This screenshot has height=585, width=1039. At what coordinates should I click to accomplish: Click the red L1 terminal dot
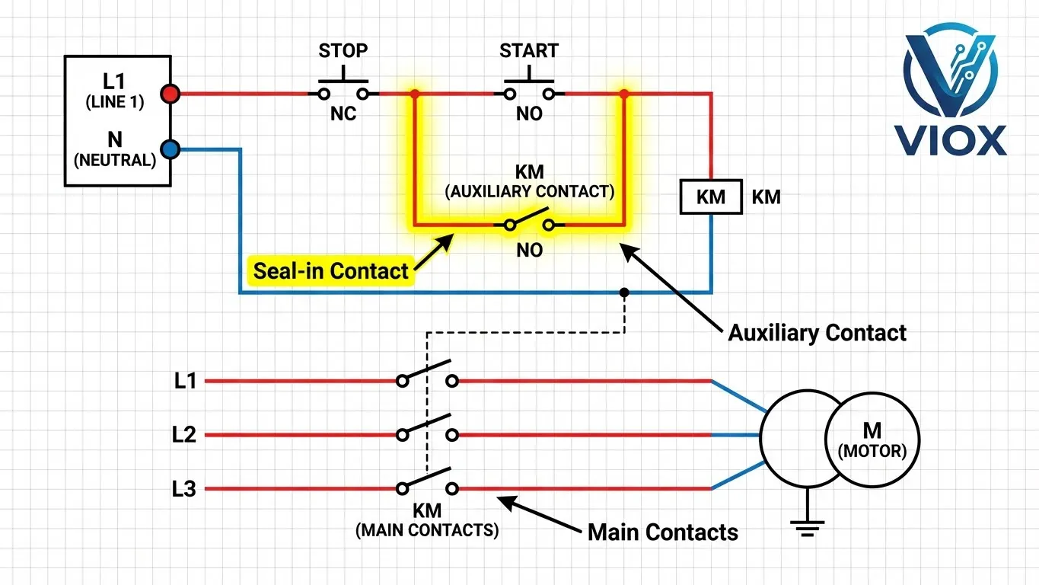pyautogui.click(x=170, y=94)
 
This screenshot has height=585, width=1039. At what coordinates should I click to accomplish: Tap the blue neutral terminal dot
pyautogui.click(x=170, y=149)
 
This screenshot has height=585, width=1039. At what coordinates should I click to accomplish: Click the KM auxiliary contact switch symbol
pyautogui.click(x=530, y=222)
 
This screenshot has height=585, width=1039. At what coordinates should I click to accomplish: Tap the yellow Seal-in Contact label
pyautogui.click(x=331, y=270)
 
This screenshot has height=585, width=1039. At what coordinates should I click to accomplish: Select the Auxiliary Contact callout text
pyautogui.click(x=817, y=333)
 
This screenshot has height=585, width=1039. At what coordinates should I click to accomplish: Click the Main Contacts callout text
pyautogui.click(x=662, y=532)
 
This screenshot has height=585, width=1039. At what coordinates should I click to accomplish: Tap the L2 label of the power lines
pyautogui.click(x=184, y=435)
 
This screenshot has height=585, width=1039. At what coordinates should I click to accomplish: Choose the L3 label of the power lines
pyautogui.click(x=184, y=489)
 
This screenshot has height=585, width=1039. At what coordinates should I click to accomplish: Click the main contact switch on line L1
pyautogui.click(x=427, y=376)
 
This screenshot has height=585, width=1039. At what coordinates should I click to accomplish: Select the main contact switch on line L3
pyautogui.click(x=427, y=483)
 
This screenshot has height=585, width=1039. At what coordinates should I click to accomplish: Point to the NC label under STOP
pyautogui.click(x=343, y=114)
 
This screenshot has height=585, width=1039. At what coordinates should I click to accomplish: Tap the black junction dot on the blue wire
pyautogui.click(x=624, y=292)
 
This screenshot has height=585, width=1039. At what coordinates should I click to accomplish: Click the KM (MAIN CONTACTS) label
pyautogui.click(x=427, y=520)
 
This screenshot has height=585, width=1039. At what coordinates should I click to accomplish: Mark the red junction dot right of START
pyautogui.click(x=624, y=94)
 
